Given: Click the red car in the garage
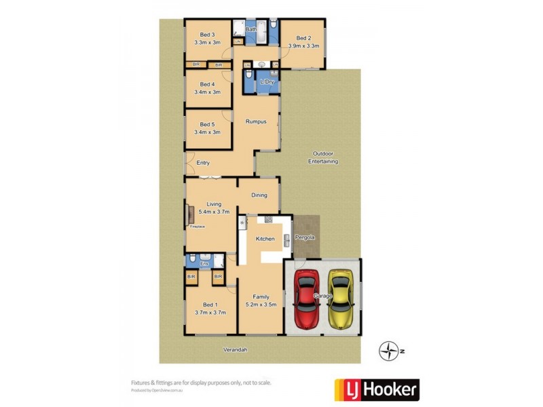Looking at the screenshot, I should click(x=307, y=298).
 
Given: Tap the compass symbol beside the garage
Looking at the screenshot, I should click(x=389, y=351).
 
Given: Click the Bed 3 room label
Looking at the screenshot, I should click(x=207, y=35).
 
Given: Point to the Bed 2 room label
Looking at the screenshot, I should click(x=303, y=38).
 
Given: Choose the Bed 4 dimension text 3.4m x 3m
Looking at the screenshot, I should click(x=207, y=92).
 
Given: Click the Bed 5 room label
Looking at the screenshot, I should click(x=207, y=124).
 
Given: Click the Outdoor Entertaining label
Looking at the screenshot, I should click(x=323, y=157).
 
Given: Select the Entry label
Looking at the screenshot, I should click(x=203, y=163).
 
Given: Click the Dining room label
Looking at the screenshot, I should click(x=259, y=195).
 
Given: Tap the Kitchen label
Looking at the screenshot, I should click(x=265, y=239).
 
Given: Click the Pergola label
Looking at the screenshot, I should click(x=304, y=237).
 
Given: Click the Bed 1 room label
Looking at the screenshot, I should click(x=210, y=305).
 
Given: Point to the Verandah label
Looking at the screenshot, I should click(x=234, y=350).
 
